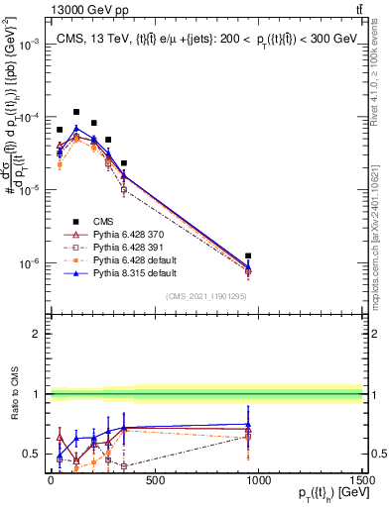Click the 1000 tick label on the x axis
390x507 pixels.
258,480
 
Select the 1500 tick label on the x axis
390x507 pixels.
362,480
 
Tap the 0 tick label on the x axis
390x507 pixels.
51,480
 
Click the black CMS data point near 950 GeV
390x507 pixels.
248,256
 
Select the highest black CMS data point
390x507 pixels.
76,112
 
